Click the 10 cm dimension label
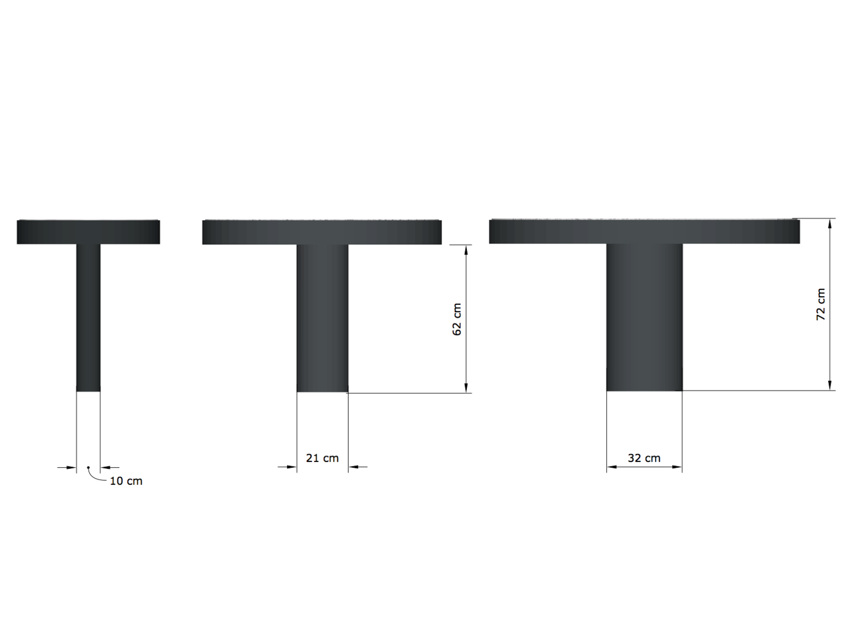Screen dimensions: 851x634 126,481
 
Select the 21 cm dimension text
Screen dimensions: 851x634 322,458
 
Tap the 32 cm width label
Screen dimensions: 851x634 644,458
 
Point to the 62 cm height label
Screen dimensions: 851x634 457,319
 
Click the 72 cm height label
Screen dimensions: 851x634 820,304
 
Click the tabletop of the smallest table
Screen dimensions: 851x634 89,232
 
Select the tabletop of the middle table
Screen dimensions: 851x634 322,232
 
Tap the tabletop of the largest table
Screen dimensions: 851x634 644,231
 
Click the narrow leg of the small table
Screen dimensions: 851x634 89,318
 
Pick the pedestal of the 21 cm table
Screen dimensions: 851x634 322,318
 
